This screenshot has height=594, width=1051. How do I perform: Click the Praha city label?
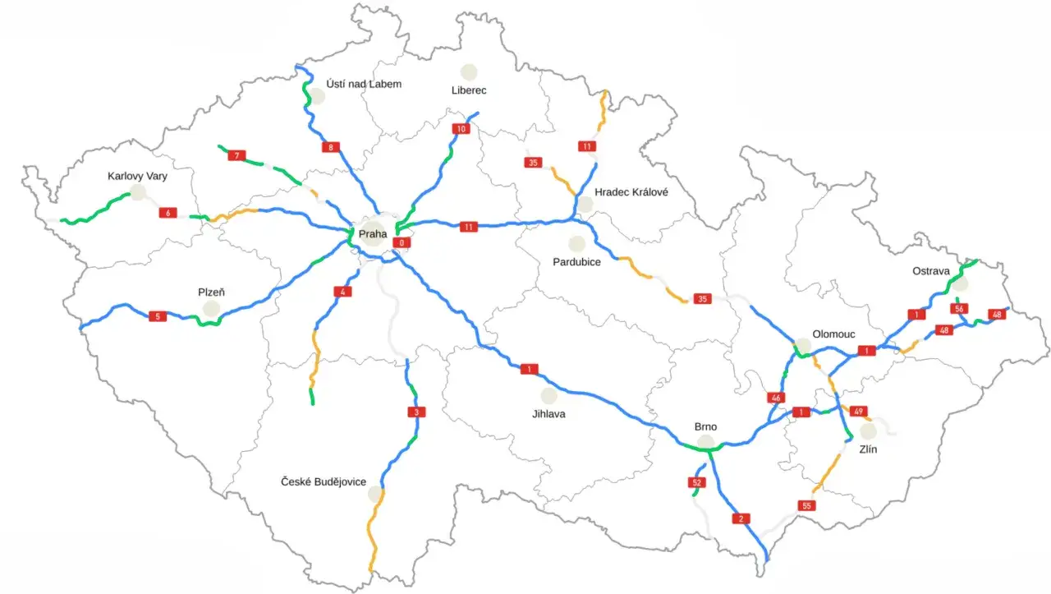pyautogui.click(x=372, y=234)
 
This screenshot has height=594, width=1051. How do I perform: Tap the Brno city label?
pyautogui.click(x=705, y=427)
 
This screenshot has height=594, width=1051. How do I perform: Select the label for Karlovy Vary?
pyautogui.click(x=137, y=176)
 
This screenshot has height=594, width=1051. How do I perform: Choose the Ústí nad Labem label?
pyautogui.click(x=364, y=84)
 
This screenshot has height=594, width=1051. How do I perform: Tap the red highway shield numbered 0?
pyautogui.click(x=402, y=242)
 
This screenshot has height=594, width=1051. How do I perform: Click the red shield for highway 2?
pyautogui.click(x=740, y=518)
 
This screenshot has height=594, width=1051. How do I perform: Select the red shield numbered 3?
pyautogui.click(x=416, y=412)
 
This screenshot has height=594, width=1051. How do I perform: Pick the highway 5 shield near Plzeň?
pyautogui.click(x=157, y=316)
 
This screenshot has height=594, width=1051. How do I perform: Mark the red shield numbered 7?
pyautogui.click(x=236, y=155)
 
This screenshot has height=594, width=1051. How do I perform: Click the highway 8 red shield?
pyautogui.click(x=331, y=148)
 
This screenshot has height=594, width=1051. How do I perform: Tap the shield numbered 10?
pyautogui.click(x=461, y=129)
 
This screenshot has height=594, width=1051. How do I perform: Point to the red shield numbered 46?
pyautogui.click(x=776, y=398)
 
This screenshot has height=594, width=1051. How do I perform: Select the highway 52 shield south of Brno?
pyautogui.click(x=697, y=482)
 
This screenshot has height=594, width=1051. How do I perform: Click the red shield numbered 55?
pyautogui.click(x=806, y=505)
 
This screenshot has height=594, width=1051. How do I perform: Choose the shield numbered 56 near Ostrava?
pyautogui.click(x=958, y=309)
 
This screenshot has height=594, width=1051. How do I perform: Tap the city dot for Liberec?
pyautogui.click(x=469, y=72)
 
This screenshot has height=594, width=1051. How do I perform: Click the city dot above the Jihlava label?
pyautogui.click(x=548, y=396)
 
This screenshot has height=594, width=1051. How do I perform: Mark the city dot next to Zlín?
pyautogui.click(x=868, y=431)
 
